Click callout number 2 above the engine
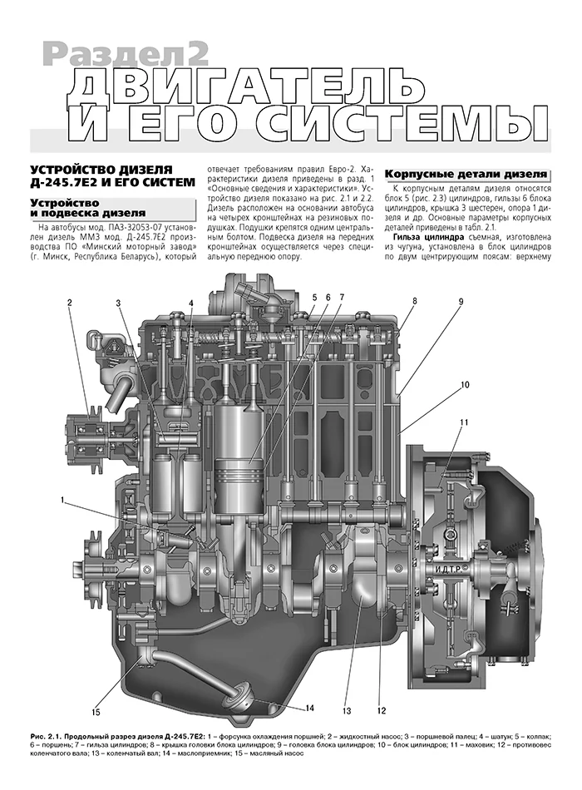tap(70, 303)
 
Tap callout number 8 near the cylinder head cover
tap(415, 301)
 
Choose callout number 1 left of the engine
tap(62, 501)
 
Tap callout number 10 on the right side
tap(465, 385)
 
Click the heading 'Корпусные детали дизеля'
tap(466, 175)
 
